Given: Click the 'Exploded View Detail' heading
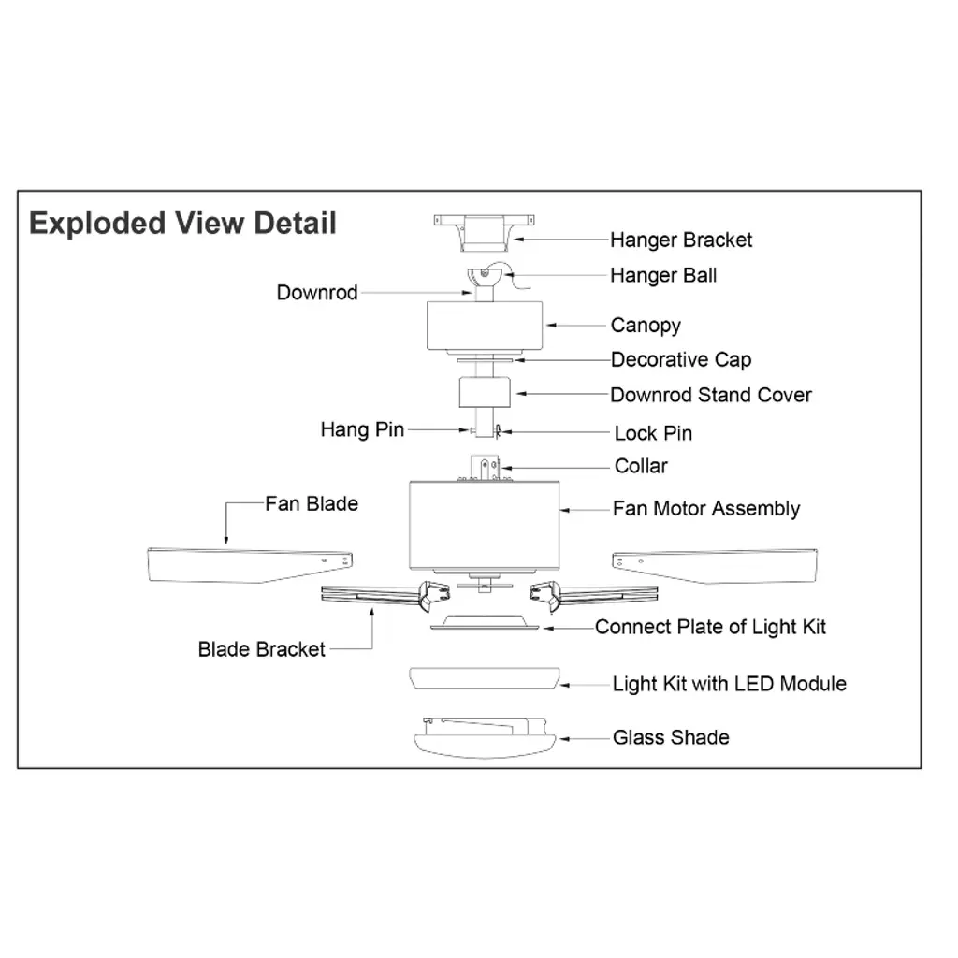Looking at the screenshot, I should click(182, 225).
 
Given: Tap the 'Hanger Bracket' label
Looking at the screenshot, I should click(680, 240).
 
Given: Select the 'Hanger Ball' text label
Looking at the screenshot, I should click(663, 276).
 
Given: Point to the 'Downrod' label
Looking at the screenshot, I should click(317, 293).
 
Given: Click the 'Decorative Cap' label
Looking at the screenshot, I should click(680, 360).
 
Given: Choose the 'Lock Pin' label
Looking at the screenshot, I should click(653, 434).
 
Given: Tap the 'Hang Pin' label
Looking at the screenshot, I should click(362, 429).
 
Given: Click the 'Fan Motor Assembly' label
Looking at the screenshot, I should click(706, 510).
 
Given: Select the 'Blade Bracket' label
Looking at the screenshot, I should click(262, 649).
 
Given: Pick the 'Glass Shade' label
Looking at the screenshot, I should click(671, 738).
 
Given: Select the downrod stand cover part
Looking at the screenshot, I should click(484, 391).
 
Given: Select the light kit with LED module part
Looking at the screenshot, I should click(485, 679).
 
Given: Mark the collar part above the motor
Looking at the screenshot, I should click(485, 467).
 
